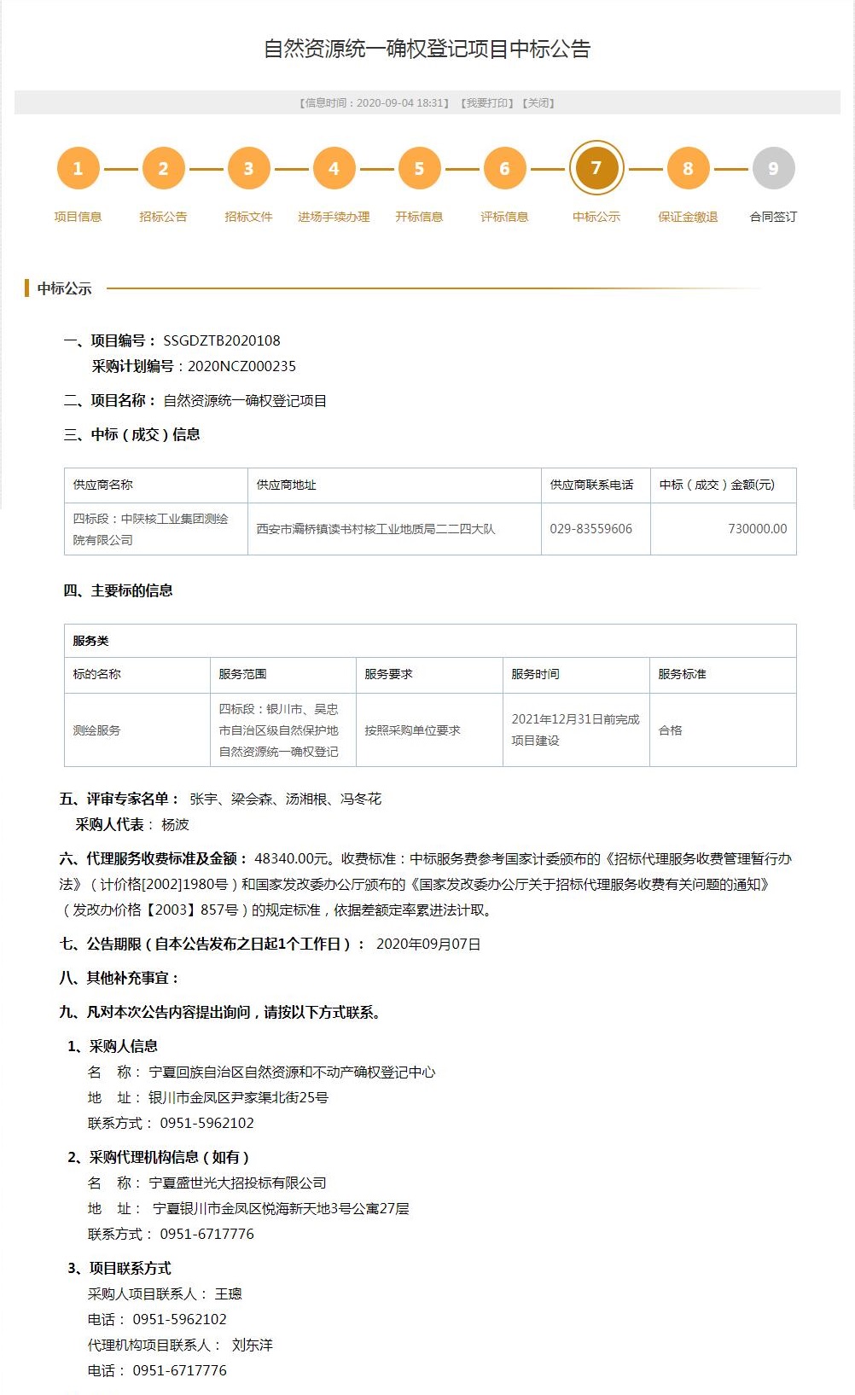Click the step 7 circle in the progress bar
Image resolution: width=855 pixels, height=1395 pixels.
tap(596, 168)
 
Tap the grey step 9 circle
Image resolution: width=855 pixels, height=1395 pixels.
tap(773, 168)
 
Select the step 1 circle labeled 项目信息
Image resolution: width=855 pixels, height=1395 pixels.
tap(78, 168)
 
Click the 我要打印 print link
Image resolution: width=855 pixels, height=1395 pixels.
tap(486, 103)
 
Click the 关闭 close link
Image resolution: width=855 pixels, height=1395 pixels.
tap(539, 103)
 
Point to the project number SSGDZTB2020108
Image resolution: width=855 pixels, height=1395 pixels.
tap(222, 340)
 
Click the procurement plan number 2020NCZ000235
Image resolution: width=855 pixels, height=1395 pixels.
tap(241, 366)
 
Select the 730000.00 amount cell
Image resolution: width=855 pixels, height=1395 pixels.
tap(757, 529)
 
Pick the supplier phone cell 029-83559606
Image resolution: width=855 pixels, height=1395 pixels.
tap(590, 529)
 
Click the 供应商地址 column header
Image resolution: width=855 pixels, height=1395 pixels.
tap(286, 485)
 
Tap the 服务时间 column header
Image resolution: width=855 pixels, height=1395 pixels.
tap(535, 674)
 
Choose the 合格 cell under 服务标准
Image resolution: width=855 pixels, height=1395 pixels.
tap(671, 730)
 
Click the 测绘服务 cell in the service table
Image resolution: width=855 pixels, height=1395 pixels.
tap(96, 730)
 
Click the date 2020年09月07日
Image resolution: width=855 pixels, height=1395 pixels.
tap(428, 944)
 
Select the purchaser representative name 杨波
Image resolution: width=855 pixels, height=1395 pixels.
tap(175, 824)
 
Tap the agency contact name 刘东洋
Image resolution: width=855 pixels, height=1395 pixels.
tap(252, 1345)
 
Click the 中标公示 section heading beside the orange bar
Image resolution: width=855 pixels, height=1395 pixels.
tap(64, 288)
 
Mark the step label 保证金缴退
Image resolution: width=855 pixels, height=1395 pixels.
tap(688, 217)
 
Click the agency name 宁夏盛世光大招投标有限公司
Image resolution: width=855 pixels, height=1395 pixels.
tap(237, 1183)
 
